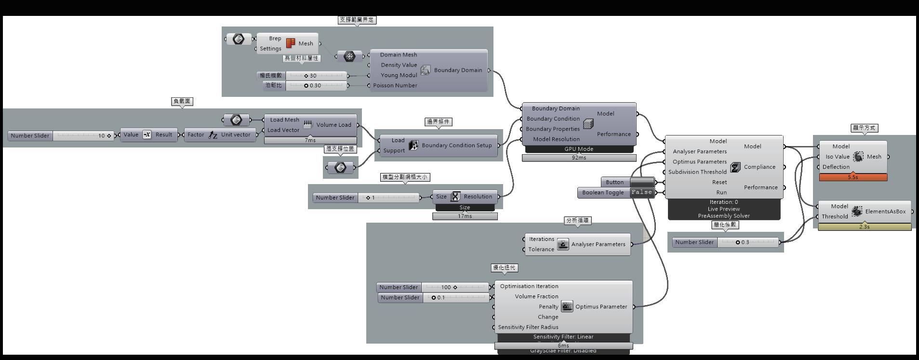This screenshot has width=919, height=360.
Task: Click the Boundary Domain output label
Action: tap(458, 70)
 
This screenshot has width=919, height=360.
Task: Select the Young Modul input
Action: tap(399, 75)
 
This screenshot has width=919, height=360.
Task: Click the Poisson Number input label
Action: tap(395, 85)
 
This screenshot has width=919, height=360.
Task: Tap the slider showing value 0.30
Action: tap(316, 85)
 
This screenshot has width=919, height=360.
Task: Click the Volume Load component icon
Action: tap(308, 124)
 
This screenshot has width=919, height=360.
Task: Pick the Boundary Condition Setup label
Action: tap(456, 145)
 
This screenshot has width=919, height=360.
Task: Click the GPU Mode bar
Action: tap(579, 149)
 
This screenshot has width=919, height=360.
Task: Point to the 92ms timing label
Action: tap(579, 158)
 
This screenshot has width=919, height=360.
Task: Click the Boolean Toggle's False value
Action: tap(642, 192)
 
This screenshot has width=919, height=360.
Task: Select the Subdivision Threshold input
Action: tap(697, 172)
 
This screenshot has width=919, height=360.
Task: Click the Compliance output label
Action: tap(759, 167)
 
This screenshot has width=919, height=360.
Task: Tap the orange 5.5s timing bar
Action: tap(853, 177)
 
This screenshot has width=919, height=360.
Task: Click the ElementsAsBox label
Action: tap(885, 212)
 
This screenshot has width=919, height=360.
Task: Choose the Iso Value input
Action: tap(838, 157)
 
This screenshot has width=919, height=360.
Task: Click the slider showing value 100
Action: tap(455, 287)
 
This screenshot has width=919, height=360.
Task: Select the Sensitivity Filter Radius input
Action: tap(528, 327)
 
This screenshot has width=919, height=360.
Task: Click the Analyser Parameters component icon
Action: tap(563, 244)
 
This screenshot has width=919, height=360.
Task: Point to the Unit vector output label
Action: tap(236, 135)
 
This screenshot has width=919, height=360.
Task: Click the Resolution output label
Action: tap(478, 197)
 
